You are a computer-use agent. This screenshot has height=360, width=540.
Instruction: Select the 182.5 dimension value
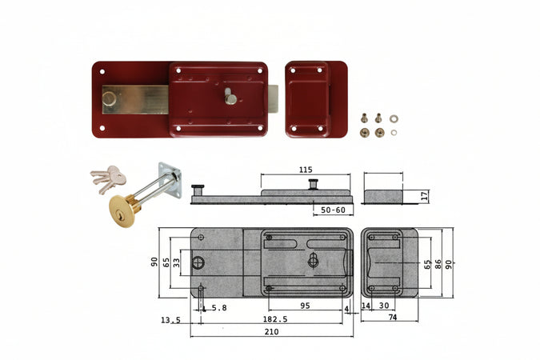tap(274, 318)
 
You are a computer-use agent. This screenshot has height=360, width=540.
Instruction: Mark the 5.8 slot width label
tap(218, 306)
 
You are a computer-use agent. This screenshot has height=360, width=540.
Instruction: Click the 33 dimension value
tap(176, 262)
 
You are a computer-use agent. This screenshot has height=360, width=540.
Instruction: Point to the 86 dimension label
tap(438, 262)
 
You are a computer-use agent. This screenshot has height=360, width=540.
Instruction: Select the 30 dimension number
tap(383, 306)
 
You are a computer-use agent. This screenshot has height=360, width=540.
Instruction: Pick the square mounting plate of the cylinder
tap(170, 179)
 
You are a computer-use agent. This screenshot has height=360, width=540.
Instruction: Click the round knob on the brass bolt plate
tap(108, 99)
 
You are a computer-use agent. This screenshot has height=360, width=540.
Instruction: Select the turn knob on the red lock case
tap(230, 98)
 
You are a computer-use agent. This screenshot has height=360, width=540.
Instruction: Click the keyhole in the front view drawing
tap(313, 260)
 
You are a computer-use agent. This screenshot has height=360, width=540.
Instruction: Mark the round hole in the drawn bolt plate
tap(199, 262)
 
